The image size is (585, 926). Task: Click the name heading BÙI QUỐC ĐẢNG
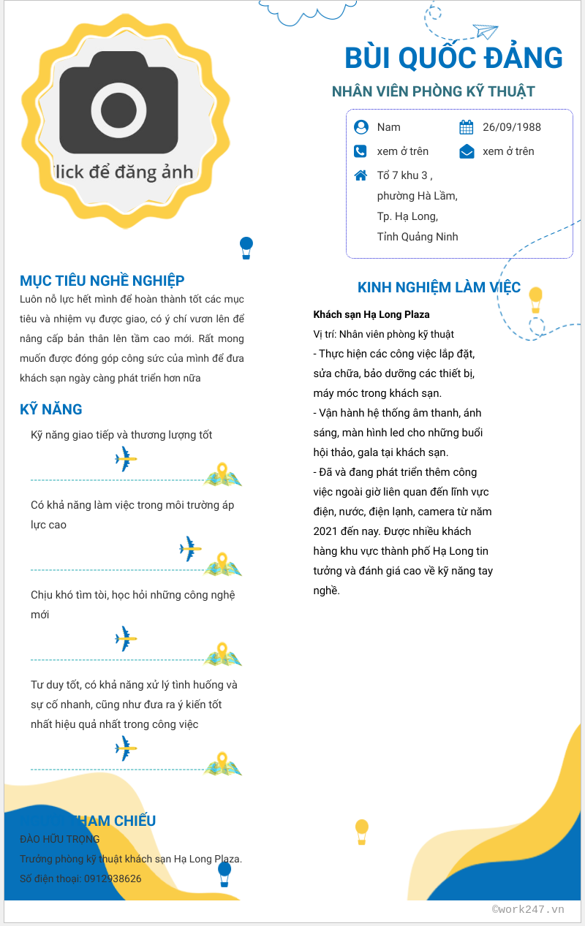453,58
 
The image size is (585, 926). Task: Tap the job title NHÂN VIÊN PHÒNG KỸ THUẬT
433,91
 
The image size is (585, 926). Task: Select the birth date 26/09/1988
511,127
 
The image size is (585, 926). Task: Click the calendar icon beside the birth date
467,128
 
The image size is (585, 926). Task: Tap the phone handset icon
361,151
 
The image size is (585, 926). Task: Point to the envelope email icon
467,151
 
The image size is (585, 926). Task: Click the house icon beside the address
361,175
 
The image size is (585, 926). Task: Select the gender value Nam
388,127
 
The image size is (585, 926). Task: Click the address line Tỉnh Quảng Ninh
417,237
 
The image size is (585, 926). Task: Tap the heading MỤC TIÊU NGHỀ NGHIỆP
102,281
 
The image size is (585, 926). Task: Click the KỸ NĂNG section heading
51,409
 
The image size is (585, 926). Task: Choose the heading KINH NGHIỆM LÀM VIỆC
439,287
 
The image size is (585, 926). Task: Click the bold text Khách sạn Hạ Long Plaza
371,314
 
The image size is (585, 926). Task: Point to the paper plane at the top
485,31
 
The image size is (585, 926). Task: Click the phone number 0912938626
113,878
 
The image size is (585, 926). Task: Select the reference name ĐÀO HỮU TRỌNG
60,839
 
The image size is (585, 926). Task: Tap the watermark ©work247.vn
528,909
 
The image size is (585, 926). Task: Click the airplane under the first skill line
126,459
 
